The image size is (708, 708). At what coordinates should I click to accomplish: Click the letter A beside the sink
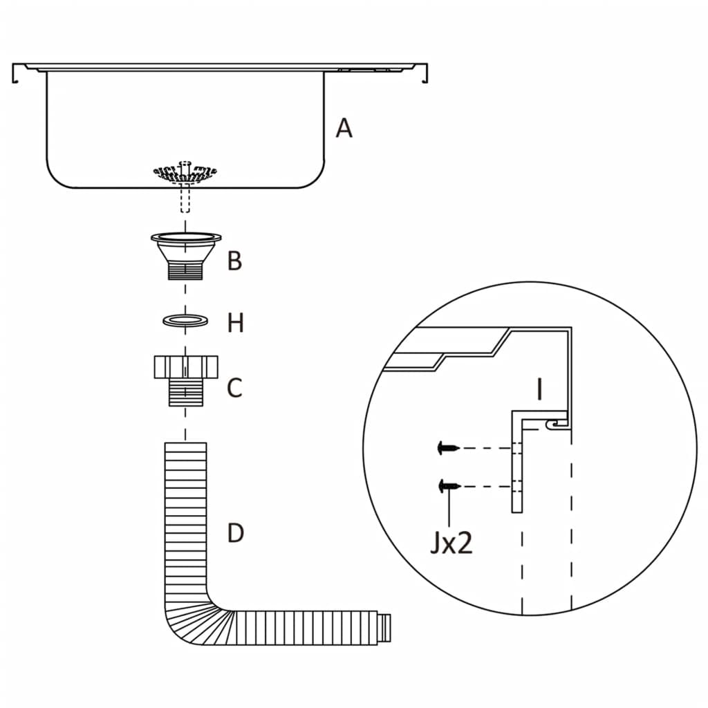(344, 128)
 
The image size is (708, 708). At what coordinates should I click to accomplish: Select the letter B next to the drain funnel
(235, 261)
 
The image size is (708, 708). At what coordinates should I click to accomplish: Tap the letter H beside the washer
(236, 322)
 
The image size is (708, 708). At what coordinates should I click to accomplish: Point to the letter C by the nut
(235, 388)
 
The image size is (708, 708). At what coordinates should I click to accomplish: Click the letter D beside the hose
(236, 533)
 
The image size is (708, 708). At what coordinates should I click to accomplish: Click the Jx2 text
(451, 543)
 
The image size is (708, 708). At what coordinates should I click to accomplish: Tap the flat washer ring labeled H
(185, 321)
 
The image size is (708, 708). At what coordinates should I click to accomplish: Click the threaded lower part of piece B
(185, 270)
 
